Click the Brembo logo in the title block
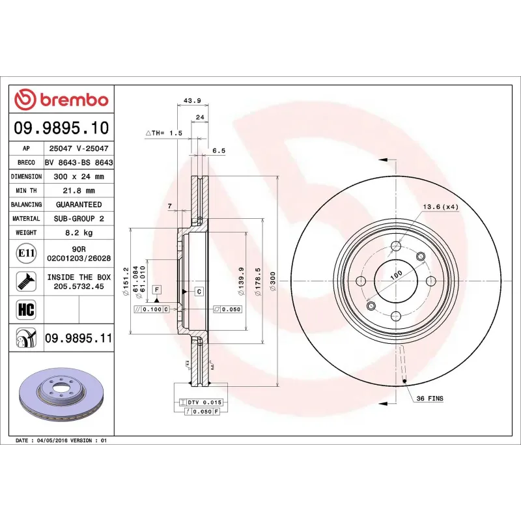point(62,100)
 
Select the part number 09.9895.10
point(62,128)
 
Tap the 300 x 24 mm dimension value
point(78,176)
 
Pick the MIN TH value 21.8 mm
point(78,191)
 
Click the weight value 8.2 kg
point(78,232)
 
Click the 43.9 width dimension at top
point(192,101)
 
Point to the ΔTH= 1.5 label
point(164,133)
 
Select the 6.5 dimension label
point(219,150)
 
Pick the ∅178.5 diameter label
point(258,282)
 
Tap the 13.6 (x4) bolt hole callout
point(441,206)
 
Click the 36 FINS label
point(429,398)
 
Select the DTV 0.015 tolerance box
point(204,403)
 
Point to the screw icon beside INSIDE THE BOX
point(27,281)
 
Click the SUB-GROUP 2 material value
point(78,219)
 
